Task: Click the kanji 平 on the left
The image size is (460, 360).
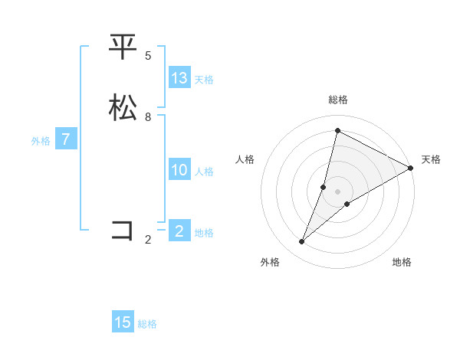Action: click(123, 47)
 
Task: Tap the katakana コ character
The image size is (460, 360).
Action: click(123, 230)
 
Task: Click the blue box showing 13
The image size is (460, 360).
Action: click(179, 78)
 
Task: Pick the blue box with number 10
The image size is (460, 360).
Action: click(179, 170)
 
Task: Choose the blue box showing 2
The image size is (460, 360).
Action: click(179, 231)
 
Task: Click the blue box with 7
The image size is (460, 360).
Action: click(66, 139)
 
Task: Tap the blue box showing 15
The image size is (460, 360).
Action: click(123, 322)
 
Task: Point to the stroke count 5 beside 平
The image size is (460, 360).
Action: click(148, 55)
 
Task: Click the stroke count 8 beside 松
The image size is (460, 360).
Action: click(148, 116)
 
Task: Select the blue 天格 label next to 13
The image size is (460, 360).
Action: click(204, 80)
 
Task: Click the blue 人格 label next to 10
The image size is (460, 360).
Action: click(204, 172)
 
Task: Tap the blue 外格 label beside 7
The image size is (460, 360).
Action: click(41, 141)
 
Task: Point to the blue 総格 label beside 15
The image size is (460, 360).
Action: click(147, 324)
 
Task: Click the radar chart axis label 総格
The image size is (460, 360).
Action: click(337, 100)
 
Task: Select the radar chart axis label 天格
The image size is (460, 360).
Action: click(431, 159)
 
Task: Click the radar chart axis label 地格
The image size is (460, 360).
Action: click(402, 263)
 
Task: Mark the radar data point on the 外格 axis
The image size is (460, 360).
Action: click(302, 242)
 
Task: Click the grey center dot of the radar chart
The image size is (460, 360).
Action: click(337, 191)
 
